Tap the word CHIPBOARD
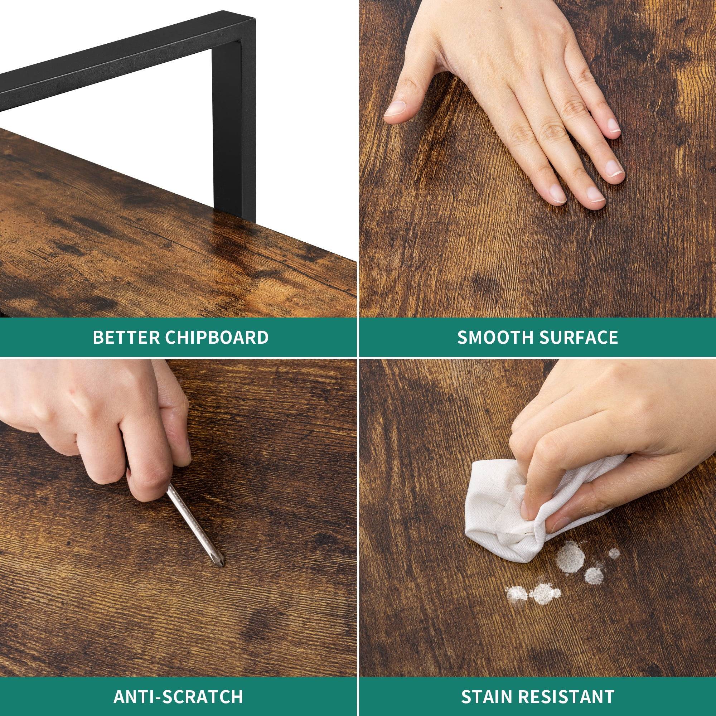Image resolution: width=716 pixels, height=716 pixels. click(217, 337)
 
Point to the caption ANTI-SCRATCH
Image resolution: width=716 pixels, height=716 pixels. click(178, 676)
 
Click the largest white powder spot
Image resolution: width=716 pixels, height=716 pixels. click(570, 557)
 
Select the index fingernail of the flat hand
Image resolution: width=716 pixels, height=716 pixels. click(558, 193)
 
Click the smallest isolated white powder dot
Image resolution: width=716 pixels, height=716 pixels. click(614, 553)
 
